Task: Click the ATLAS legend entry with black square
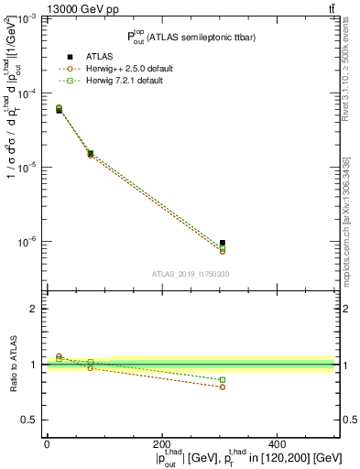[x=99, y=58]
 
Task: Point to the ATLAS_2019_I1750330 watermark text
[x=191, y=273]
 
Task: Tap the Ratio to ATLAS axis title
[x=11, y=365]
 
